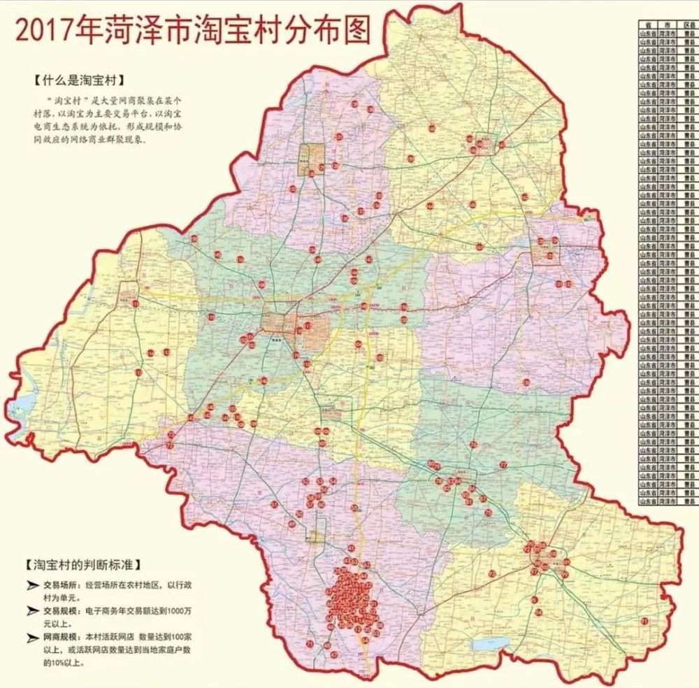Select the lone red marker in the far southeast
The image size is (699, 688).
point(644,621)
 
